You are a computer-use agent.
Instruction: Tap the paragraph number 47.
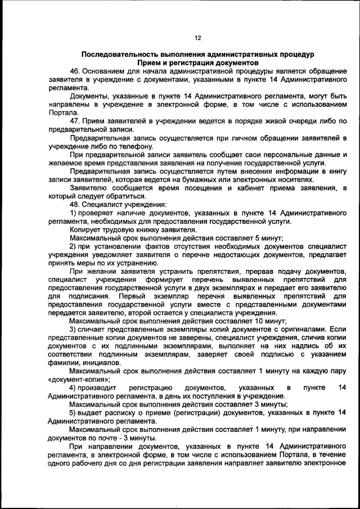(x=74, y=120)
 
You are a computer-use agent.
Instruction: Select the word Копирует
(x=85, y=229)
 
